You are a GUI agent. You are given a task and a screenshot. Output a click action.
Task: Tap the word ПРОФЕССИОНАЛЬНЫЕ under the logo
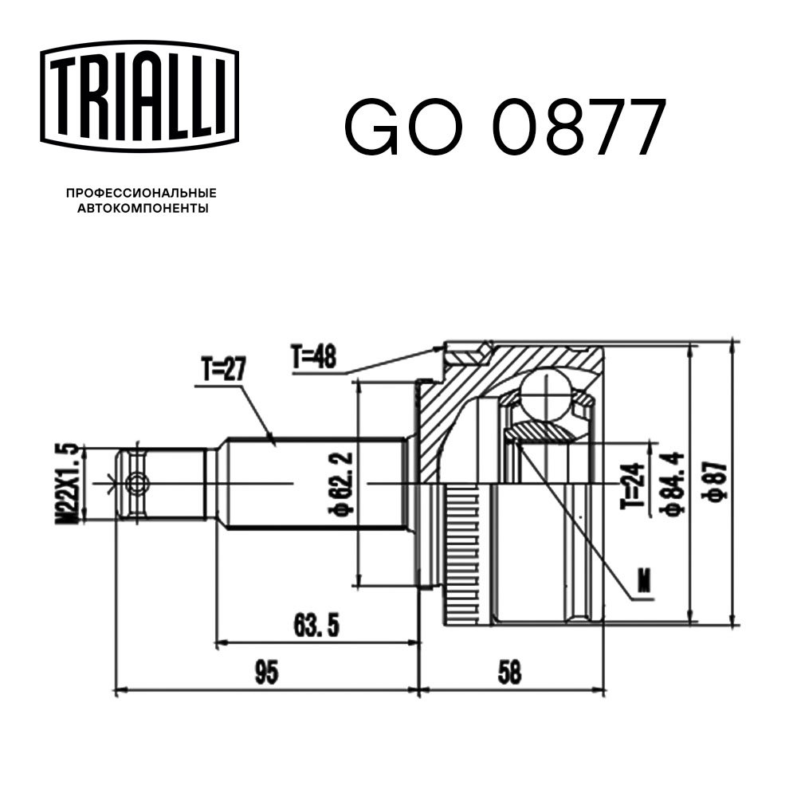point(141,194)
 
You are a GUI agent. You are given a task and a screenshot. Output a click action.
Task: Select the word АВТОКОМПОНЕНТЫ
point(141,208)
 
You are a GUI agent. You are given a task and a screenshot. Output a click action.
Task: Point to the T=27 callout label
point(224,370)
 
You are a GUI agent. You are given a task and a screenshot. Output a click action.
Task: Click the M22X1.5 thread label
point(69,484)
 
